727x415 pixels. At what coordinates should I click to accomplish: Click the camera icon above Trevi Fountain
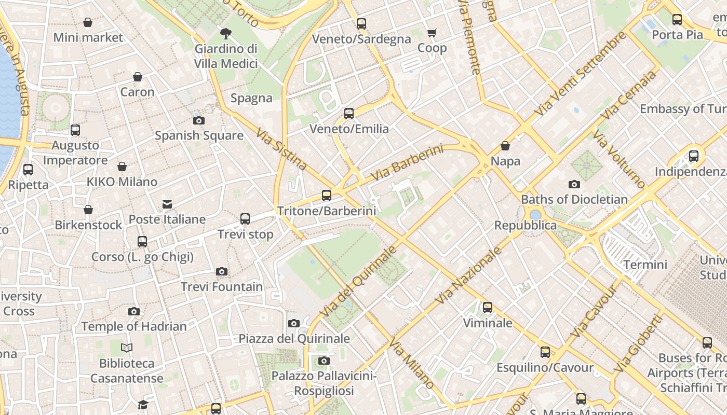coord(222,272)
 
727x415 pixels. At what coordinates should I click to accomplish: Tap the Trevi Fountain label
coord(222,287)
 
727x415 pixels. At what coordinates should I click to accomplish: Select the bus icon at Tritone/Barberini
coord(327,196)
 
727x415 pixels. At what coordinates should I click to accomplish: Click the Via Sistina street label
coord(281,149)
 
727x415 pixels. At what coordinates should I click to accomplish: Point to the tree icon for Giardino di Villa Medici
coord(226,34)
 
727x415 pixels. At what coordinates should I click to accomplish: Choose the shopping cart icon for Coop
coord(432,33)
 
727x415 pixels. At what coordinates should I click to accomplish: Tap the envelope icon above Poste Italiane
coord(167,204)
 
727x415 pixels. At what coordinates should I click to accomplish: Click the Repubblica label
coord(525,226)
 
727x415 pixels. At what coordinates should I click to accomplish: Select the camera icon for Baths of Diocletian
coord(574,184)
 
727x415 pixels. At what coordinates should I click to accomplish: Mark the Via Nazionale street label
coord(469,276)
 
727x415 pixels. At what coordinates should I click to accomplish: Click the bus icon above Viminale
coord(488,308)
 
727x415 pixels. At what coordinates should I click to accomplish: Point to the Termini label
coord(645,265)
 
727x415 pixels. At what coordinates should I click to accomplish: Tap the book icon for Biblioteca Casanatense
coord(127,348)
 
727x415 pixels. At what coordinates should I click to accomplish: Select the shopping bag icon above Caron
coord(138,77)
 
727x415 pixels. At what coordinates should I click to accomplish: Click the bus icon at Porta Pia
coord(677,20)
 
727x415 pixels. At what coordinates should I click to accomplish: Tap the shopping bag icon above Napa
coord(505,146)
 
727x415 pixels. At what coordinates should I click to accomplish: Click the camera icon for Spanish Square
coord(198,121)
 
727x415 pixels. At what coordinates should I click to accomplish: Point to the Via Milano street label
coord(411,364)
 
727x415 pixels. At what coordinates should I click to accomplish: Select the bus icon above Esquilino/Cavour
coord(545,352)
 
